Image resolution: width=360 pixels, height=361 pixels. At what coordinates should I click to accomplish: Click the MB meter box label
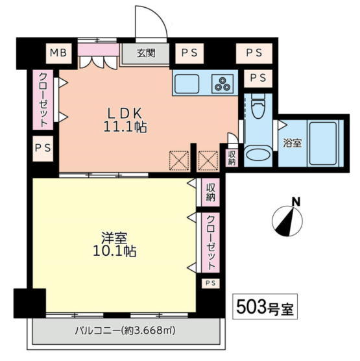click(58, 53)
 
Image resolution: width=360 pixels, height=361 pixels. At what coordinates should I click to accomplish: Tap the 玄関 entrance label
click(146, 53)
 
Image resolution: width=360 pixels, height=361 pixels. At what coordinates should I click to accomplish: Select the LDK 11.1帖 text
click(125, 119)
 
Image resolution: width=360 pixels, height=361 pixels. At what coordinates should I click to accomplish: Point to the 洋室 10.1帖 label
click(114, 245)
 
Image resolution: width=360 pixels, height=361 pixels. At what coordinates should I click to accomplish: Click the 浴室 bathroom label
click(292, 143)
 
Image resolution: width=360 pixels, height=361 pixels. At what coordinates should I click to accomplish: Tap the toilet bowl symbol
click(259, 106)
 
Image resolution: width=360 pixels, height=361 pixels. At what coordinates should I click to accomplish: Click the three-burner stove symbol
click(222, 84)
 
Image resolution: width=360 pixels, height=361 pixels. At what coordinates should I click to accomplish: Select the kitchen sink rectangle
click(187, 84)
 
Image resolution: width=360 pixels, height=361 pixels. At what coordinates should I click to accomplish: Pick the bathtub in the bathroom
click(323, 143)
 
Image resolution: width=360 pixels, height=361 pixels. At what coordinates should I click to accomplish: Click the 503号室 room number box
click(265, 306)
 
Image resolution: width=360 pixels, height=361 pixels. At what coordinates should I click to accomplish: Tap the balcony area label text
click(125, 331)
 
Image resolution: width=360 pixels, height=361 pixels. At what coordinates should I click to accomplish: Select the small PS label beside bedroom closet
click(210, 283)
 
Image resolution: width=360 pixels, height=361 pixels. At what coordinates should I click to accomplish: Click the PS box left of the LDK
click(43, 148)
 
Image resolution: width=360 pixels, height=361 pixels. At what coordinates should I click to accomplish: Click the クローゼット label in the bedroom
click(210, 242)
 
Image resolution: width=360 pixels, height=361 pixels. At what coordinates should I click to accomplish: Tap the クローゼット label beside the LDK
click(43, 100)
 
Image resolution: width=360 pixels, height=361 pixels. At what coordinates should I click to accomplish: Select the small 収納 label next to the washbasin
click(232, 158)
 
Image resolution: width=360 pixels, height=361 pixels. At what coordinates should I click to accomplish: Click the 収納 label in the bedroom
click(210, 192)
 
